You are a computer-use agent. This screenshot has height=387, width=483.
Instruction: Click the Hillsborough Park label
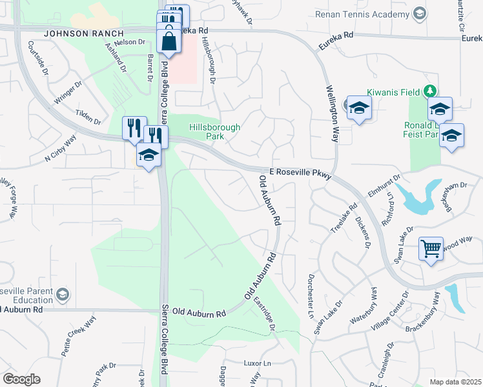click(x=214, y=132)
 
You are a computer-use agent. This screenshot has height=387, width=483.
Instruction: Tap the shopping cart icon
click(x=431, y=248)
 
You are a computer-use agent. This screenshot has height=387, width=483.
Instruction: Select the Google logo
click(x=21, y=379)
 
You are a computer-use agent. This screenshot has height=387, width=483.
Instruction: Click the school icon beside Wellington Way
click(x=358, y=108)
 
